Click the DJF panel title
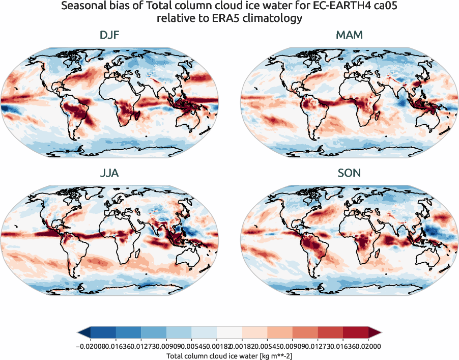(x=109, y=36)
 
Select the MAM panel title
(x=349, y=36)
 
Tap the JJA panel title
(x=109, y=173)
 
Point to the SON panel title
(x=349, y=173)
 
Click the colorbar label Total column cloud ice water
(x=230, y=356)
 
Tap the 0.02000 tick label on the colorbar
(x=368, y=346)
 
